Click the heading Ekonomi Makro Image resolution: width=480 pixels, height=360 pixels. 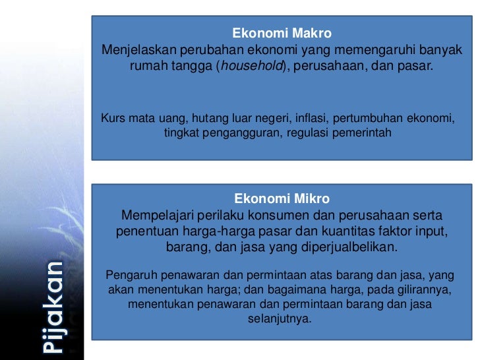[282, 33]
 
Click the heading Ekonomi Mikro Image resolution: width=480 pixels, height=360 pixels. [282, 198]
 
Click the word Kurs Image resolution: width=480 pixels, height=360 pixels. [111, 119]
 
